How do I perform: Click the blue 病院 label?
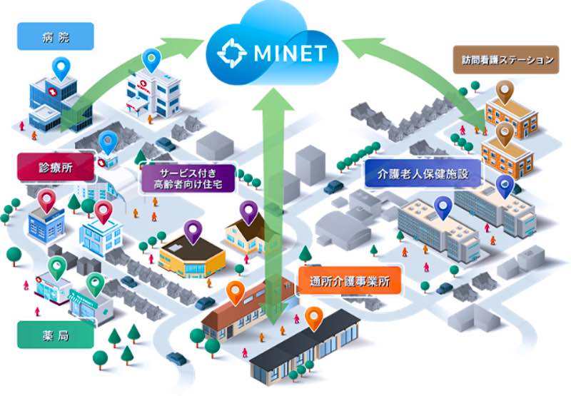click(x=56, y=36)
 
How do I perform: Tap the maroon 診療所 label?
click(x=56, y=168)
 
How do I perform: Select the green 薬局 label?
click(x=56, y=335)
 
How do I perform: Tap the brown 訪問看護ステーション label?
click(x=503, y=60)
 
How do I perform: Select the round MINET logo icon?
click(x=232, y=53)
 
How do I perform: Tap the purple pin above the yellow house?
click(x=248, y=212)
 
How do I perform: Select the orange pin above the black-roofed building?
click(x=314, y=318)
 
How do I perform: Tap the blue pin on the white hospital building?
click(x=151, y=59)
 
